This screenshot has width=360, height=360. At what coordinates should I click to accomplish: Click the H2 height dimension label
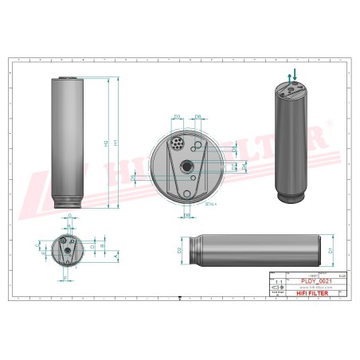(106, 143)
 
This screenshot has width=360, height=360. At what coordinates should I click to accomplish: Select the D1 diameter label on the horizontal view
(330, 251)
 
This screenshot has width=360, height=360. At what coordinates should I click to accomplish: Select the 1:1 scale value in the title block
(278, 282)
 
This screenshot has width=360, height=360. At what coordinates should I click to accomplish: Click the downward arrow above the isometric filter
(295, 74)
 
